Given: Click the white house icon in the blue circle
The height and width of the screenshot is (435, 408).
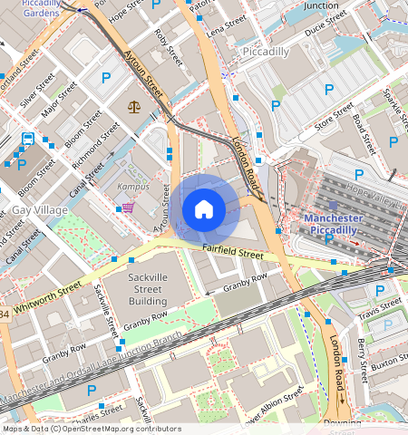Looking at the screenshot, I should pos(204,209).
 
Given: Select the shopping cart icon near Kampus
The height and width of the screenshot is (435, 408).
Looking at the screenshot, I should pos(127,208).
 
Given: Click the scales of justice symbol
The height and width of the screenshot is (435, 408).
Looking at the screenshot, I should pos(135,106).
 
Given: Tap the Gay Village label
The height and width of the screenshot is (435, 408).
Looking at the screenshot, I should pos(39,210).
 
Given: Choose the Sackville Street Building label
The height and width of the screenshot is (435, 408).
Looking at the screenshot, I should pos(134,287).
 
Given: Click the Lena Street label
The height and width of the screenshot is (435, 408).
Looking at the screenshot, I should pos(227,24).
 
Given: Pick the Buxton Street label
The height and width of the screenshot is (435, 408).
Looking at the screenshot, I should pos(386,363).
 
